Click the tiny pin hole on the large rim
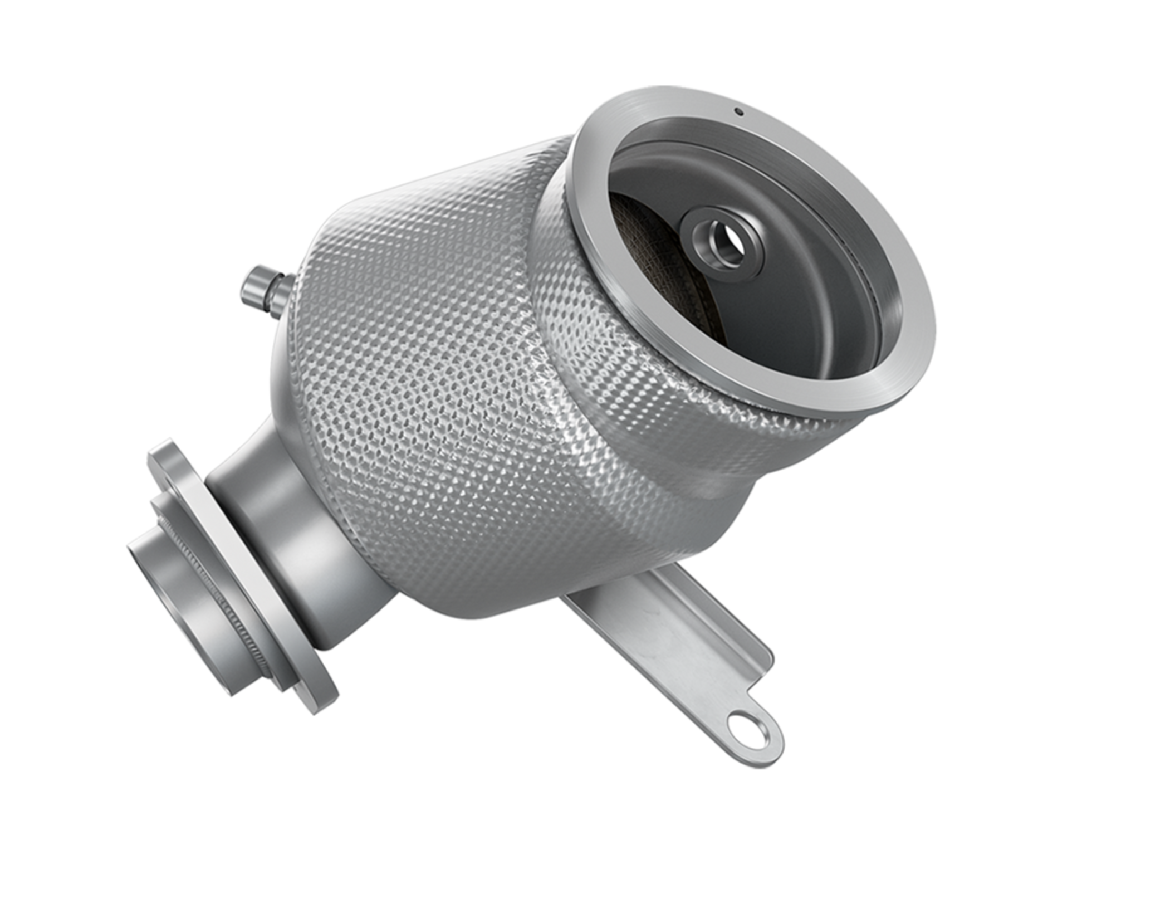pos(739,111)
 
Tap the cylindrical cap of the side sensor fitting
pos(257,281)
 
